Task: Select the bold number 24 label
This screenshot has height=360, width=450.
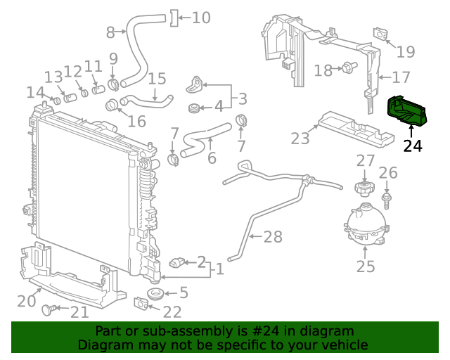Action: point(413,146)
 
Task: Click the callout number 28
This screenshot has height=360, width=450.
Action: point(272,237)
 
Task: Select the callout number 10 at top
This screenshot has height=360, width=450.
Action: point(200,17)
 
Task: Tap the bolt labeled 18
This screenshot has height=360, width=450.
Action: point(347,68)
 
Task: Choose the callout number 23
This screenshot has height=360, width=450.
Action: point(300,139)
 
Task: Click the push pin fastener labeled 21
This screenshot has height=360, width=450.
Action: point(49,309)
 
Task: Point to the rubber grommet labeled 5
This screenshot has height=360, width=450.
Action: point(153,292)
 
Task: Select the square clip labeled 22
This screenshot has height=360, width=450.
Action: point(140,304)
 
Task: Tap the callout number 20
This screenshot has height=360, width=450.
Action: point(26,301)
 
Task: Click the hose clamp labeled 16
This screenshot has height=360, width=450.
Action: point(112,107)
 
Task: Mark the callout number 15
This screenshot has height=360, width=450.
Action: point(157,79)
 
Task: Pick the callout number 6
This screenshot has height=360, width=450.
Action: point(211,158)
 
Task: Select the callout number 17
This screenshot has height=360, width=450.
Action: point(401,77)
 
